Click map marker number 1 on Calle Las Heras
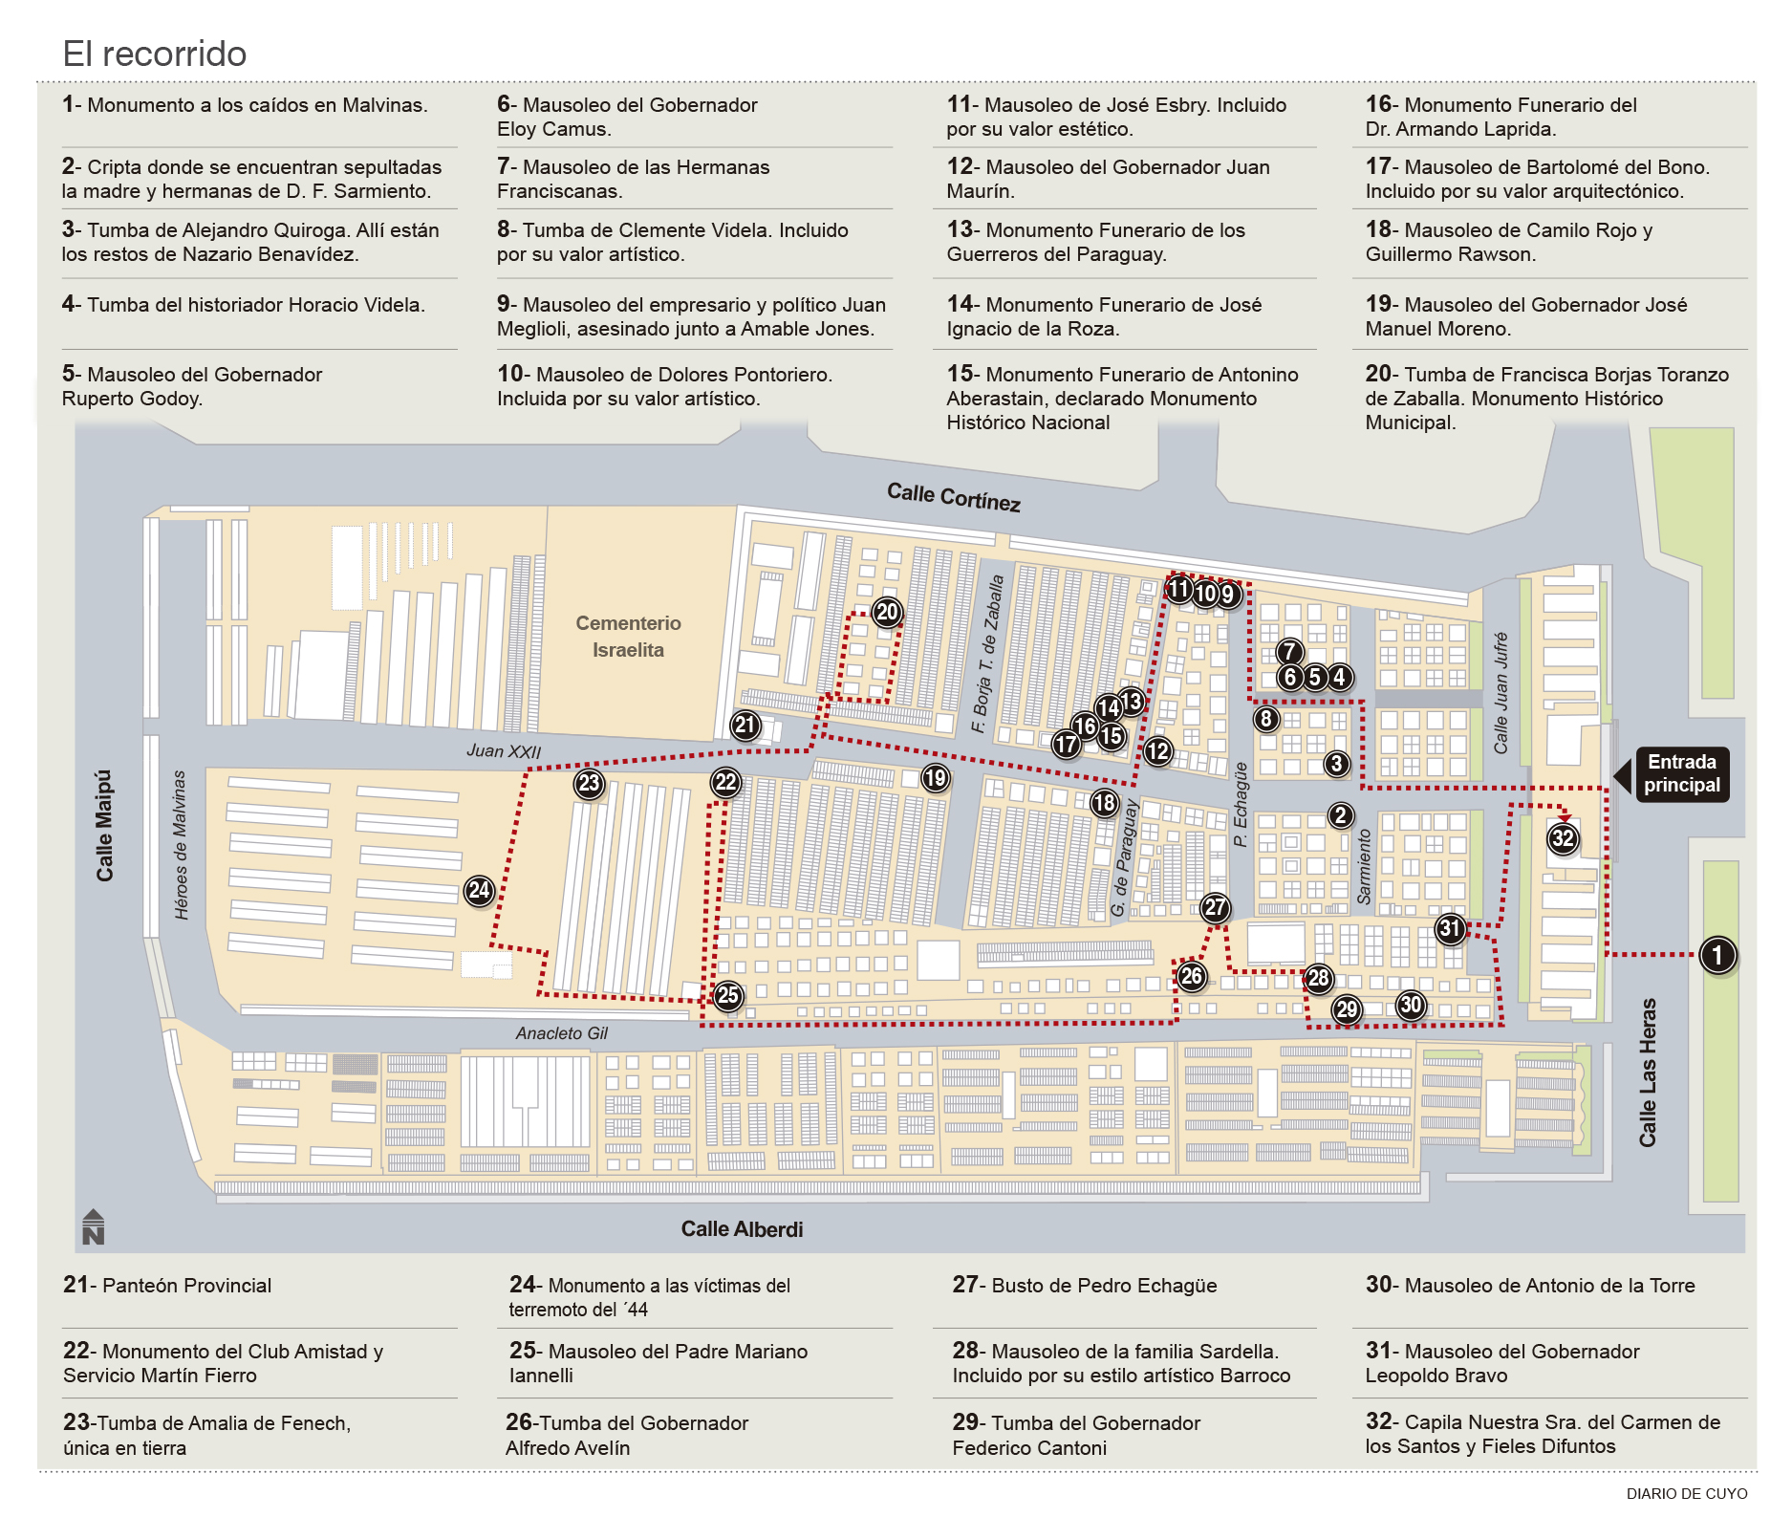point(1717,955)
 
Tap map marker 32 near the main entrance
point(1563,839)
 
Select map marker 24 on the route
point(480,891)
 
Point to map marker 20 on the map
point(888,612)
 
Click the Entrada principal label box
point(1682,774)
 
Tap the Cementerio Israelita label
point(628,637)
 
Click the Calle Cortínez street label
point(953,497)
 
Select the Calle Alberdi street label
point(742,1229)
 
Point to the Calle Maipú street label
point(104,826)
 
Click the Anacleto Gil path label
point(562,1033)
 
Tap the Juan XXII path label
point(504,751)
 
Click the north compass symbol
point(93,1227)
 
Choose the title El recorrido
point(155,54)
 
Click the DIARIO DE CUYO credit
point(1687,1494)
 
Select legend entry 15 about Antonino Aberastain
point(1122,399)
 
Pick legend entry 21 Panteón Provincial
point(168,1286)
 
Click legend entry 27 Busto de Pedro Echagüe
point(1085,1286)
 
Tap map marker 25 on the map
point(728,995)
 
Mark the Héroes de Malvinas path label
point(181,845)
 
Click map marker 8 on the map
point(1266,719)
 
